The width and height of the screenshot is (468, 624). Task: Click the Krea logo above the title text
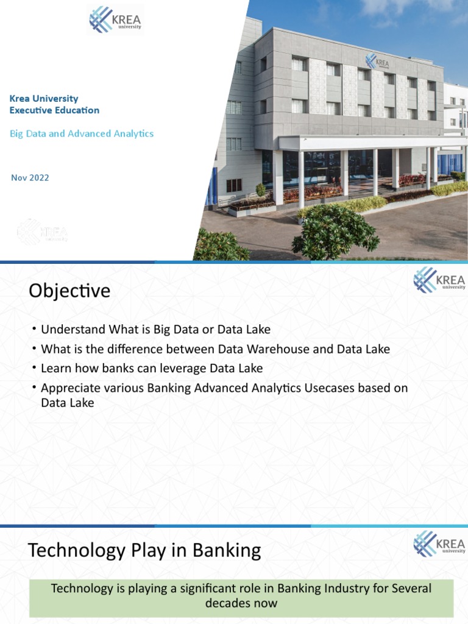pyautogui.click(x=115, y=19)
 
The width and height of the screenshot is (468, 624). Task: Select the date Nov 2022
pyautogui.click(x=30, y=178)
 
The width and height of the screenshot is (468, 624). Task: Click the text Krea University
pyautogui.click(x=44, y=99)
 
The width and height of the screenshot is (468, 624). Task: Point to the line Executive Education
pyautogui.click(x=54, y=110)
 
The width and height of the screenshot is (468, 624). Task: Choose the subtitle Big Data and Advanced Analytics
pyautogui.click(x=82, y=133)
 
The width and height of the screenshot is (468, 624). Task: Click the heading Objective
pyautogui.click(x=69, y=291)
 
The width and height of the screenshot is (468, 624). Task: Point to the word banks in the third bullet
pyautogui.click(x=119, y=369)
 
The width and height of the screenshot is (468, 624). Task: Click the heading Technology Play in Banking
pyautogui.click(x=144, y=551)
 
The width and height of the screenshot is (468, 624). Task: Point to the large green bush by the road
pyautogui.click(x=335, y=232)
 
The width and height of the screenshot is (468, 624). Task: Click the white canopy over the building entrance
pyautogui.click(x=366, y=143)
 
